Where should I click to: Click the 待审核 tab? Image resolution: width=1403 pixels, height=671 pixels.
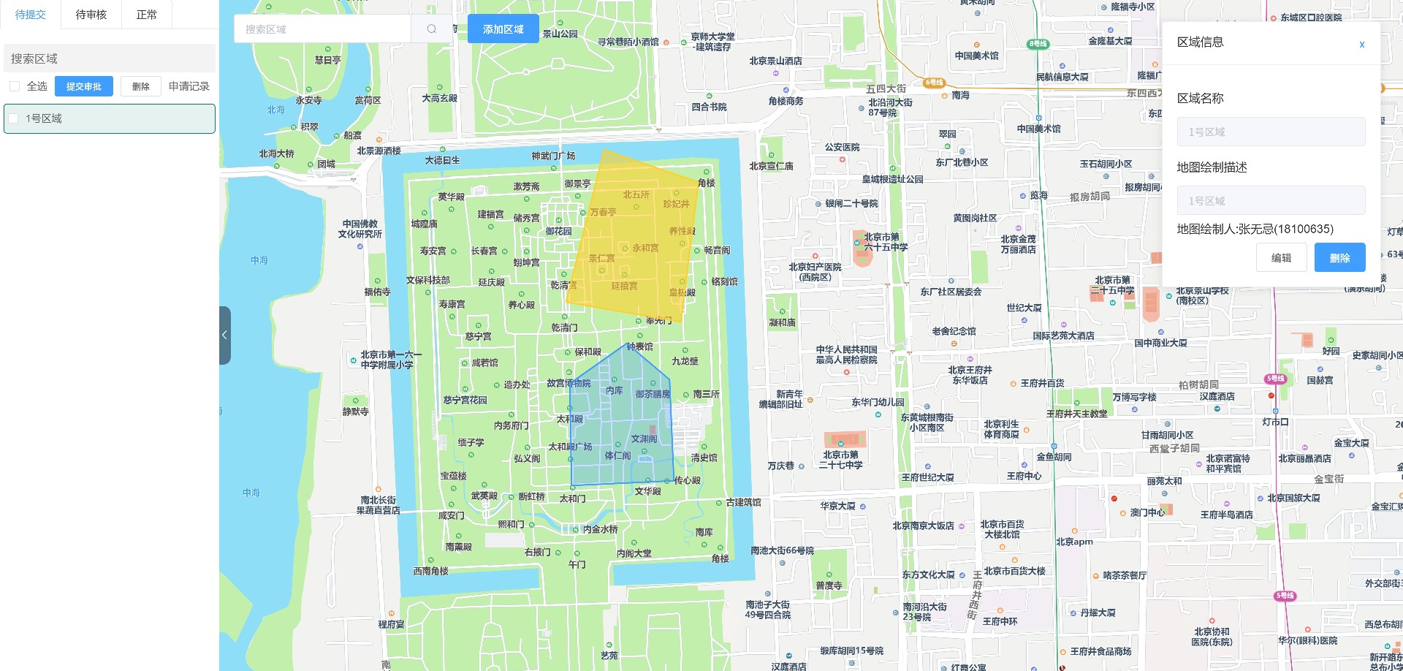[91, 15]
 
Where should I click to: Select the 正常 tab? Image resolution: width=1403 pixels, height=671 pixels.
[146, 15]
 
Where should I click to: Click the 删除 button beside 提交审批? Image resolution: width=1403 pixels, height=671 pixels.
[140, 86]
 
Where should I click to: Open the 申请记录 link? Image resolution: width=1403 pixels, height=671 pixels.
[189, 86]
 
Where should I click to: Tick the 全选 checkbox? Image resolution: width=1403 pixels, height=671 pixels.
[15, 86]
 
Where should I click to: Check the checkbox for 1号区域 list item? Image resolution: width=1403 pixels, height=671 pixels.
[13, 118]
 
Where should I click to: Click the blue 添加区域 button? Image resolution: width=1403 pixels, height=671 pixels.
[503, 29]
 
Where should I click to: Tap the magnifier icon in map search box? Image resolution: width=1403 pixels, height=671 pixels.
[431, 29]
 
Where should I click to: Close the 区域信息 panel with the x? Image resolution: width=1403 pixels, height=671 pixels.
[1361, 45]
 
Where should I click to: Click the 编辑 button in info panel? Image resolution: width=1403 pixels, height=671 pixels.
[1281, 258]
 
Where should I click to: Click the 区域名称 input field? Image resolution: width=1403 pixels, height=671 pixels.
[1271, 132]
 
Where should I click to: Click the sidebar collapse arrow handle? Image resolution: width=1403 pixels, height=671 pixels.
[224, 335]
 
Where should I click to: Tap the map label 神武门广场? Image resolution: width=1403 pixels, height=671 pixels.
[553, 156]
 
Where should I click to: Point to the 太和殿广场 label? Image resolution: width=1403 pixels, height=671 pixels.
[570, 447]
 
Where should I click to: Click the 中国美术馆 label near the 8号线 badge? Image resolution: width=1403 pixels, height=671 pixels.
[976, 56]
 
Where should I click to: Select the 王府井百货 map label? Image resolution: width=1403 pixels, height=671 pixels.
[1042, 383]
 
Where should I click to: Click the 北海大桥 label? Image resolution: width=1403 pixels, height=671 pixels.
[276, 153]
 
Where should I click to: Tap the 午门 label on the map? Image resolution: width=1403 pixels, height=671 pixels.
[577, 564]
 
